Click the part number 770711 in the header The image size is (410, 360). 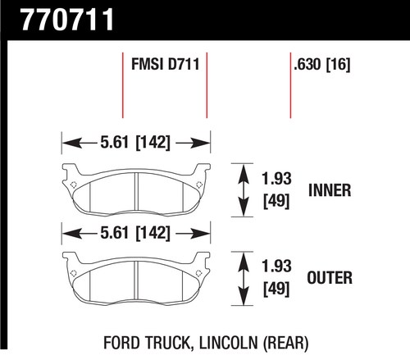(x=67, y=20)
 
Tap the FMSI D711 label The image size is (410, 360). (x=166, y=64)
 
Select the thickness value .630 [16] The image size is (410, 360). (x=321, y=65)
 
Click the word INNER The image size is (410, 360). (x=330, y=190)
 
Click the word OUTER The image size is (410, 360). (x=330, y=278)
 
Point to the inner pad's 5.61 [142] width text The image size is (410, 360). (x=135, y=143)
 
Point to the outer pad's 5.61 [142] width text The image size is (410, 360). (x=135, y=233)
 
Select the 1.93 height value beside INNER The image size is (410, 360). (x=276, y=179)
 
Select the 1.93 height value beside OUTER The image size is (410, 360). (x=276, y=267)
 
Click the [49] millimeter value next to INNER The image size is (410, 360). (x=276, y=201)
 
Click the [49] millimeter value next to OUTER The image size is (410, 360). (x=276, y=289)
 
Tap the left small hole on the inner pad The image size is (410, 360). (x=73, y=185)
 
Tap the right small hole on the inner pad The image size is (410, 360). (x=199, y=185)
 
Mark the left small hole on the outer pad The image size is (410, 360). (x=73, y=273)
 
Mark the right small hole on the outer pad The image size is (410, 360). (x=199, y=273)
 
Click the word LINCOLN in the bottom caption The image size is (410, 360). (x=229, y=343)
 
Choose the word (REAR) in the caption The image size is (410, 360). (x=285, y=344)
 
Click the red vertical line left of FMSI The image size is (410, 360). (x=123, y=85)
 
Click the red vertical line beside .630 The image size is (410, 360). (x=290, y=85)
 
